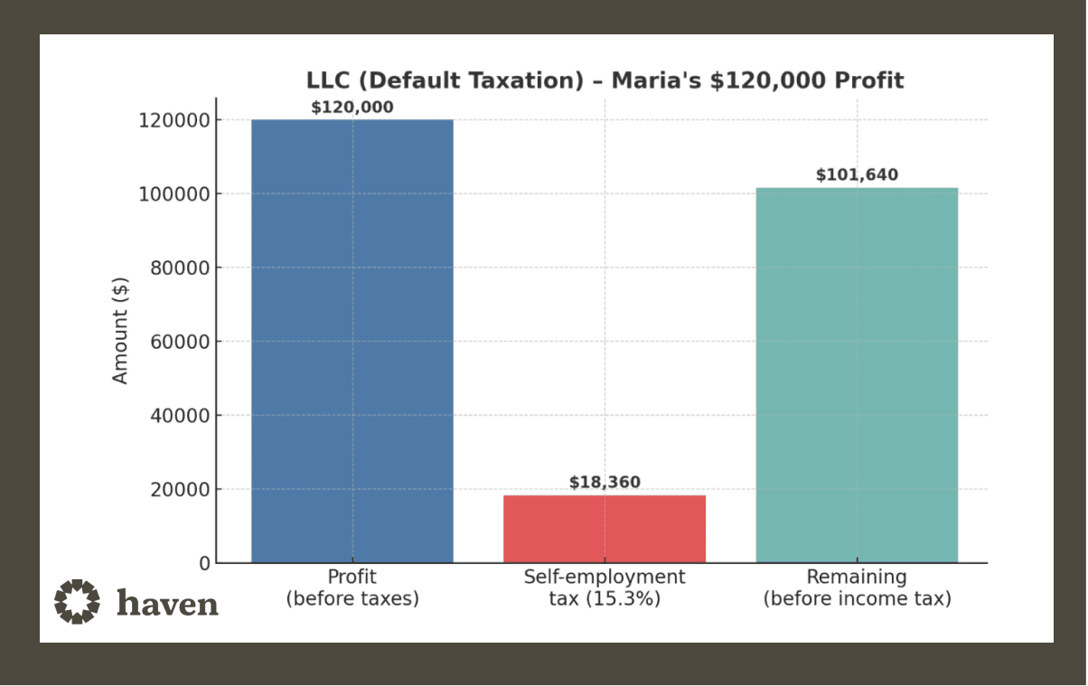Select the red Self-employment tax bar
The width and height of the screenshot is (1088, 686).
604,529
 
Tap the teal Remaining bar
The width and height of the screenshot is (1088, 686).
857,375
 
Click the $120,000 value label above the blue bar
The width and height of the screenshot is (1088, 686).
352,108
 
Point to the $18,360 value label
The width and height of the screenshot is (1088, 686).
605,483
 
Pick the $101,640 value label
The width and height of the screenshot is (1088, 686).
857,175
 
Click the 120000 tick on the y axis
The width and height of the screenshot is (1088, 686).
174,120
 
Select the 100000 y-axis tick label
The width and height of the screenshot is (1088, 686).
174,194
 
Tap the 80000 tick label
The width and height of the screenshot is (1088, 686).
178,268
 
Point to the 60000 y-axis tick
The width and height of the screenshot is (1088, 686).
178,342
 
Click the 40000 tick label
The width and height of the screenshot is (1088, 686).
178,416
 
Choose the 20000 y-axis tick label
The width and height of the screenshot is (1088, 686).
178,490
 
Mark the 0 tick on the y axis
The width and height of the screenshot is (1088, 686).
204,564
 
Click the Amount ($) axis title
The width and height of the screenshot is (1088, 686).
121,331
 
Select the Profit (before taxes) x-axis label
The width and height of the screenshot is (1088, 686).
352,587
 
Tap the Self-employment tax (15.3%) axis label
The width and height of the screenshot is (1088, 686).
604,587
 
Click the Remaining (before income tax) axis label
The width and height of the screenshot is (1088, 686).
857,587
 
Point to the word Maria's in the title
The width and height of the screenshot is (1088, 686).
657,80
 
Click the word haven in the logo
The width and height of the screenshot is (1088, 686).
168,602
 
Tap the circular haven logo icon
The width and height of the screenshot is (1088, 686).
77,601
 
